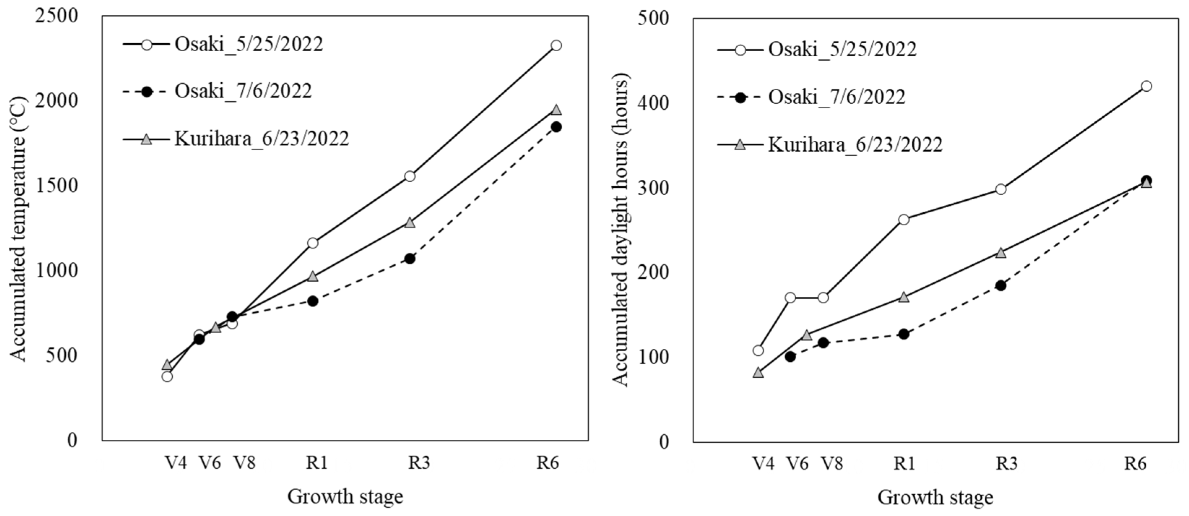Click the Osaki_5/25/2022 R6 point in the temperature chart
556,45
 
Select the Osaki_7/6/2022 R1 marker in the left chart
312,301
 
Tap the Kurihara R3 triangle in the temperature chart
410,222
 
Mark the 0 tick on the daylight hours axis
664,442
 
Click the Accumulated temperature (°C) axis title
19,229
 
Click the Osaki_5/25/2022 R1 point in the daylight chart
904,219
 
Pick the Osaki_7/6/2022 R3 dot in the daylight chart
1001,285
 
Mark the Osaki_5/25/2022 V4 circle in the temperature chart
167,377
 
